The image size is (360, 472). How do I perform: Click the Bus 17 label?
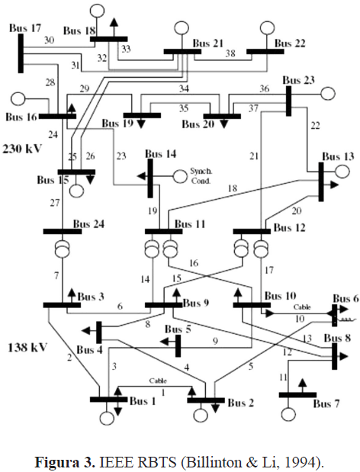click(x=25, y=28)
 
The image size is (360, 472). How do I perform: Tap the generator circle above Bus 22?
click(x=267, y=27)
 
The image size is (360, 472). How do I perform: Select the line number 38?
click(x=230, y=53)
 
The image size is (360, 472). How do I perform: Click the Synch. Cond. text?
click(x=201, y=176)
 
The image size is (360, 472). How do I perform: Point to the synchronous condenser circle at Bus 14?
click(x=180, y=176)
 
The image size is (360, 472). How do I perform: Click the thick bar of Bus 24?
click(x=63, y=231)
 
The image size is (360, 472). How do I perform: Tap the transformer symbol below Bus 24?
click(x=63, y=249)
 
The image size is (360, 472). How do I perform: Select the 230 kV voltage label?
click(x=21, y=149)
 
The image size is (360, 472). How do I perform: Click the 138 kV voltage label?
click(x=27, y=347)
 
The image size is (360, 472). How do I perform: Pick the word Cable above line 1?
click(x=158, y=380)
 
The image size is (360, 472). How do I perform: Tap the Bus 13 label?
click(x=338, y=156)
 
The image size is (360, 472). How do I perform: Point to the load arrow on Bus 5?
click(x=167, y=342)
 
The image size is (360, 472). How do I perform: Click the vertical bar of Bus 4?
click(x=98, y=332)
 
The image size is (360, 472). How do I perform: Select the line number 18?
click(x=233, y=188)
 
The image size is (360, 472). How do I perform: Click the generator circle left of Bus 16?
click(x=18, y=99)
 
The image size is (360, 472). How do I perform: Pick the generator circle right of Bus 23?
click(x=328, y=93)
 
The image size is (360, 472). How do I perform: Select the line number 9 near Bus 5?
click(x=215, y=341)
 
